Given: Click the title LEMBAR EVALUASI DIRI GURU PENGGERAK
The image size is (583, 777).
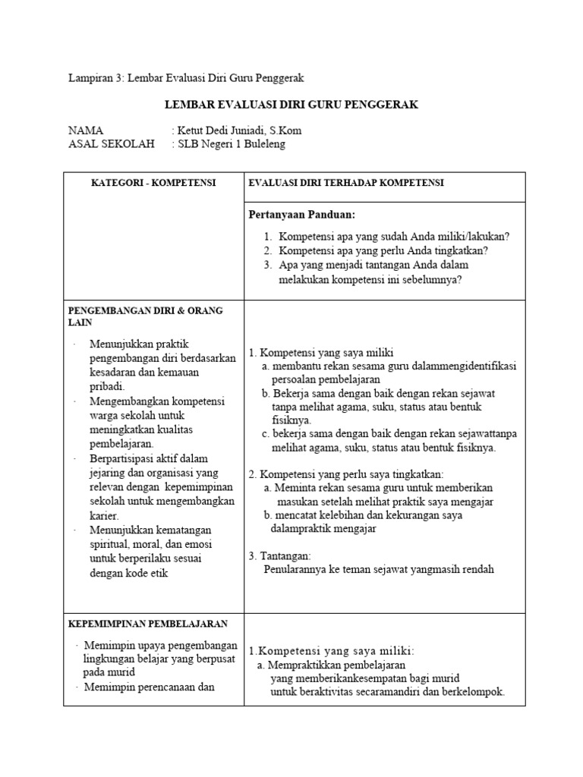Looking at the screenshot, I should point(291,105).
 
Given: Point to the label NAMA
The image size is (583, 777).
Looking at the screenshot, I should point(86,131).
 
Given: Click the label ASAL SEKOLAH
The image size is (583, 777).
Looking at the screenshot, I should point(111,144).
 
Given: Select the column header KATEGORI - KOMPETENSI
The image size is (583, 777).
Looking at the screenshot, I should point(153,184).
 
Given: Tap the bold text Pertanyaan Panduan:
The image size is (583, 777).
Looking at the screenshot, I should point(302,215).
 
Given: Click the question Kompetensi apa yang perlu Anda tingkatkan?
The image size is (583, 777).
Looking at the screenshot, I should point(383,250).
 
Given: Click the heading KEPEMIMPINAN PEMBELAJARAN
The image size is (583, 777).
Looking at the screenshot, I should point(148,624).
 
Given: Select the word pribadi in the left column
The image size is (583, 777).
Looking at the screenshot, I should point(107,386).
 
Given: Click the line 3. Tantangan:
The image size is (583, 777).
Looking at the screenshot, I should point(279,555).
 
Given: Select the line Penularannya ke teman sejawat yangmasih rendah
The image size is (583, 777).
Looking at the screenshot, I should point(379,569).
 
